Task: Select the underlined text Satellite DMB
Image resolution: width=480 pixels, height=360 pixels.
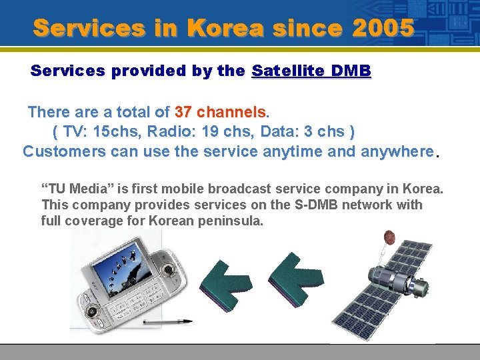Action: (311, 71)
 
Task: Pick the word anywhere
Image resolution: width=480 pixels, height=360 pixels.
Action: (397, 151)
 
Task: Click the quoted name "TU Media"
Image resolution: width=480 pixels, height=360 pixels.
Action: (78, 189)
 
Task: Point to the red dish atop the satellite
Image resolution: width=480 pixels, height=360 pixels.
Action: (389, 237)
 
